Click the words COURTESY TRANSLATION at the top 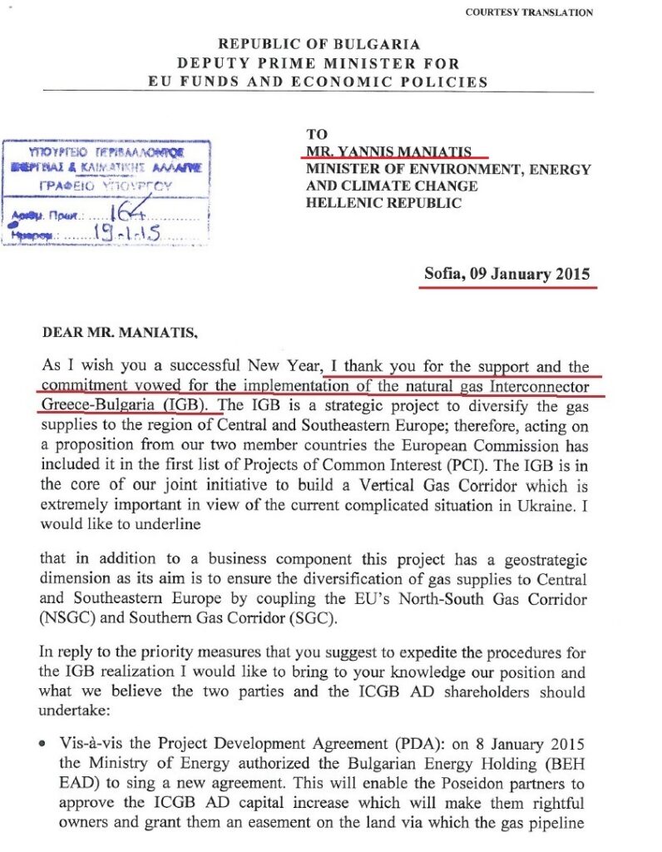[529, 12]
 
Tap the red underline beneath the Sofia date [508, 286]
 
